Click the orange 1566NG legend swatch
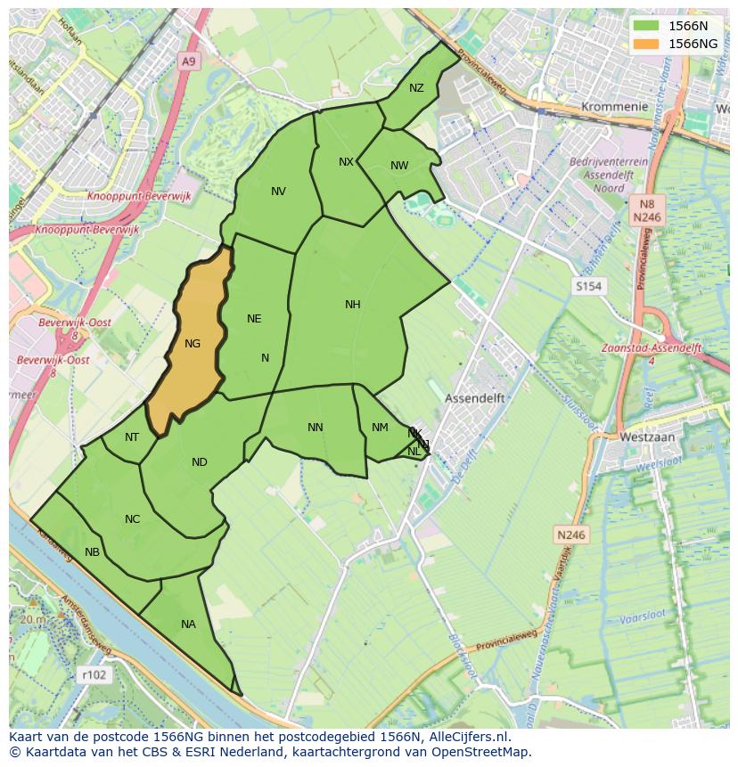click(648, 44)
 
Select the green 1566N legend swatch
click(648, 26)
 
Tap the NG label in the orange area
click(193, 344)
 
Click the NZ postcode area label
click(416, 88)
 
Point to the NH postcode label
click(353, 305)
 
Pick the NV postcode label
click(278, 192)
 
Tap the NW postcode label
click(399, 166)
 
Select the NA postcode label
click(188, 624)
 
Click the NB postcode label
click(92, 552)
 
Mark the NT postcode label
click(132, 437)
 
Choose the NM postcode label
click(380, 428)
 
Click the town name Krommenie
click(614, 106)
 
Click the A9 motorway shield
click(187, 61)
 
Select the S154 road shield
click(588, 286)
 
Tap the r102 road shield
click(93, 675)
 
